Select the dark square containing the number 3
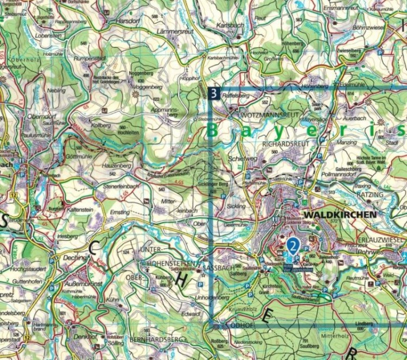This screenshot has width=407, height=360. (x=214, y=93)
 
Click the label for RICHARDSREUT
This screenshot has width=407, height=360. (x=285, y=144)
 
